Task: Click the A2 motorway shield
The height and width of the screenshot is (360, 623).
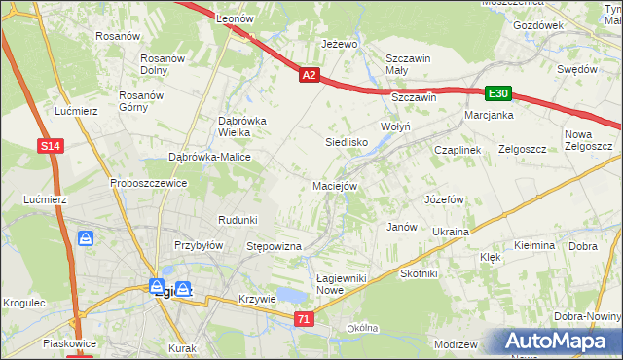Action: tap(309, 74)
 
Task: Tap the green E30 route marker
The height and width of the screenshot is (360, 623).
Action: tap(498, 92)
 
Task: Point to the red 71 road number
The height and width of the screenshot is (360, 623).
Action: tap(306, 318)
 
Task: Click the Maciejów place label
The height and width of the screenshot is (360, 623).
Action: tap(336, 185)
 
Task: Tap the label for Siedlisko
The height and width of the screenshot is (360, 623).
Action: tap(346, 142)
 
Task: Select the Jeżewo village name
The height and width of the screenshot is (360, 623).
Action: tap(341, 44)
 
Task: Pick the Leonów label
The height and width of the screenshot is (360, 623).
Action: tap(235, 18)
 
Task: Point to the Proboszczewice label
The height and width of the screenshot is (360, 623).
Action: tap(148, 182)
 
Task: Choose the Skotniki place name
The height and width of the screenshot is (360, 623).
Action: tap(419, 273)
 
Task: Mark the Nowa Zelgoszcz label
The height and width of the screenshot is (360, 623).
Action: tap(587, 140)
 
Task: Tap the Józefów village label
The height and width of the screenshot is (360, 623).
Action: tap(442, 198)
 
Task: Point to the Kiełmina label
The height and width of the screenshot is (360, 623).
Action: tap(534, 245)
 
